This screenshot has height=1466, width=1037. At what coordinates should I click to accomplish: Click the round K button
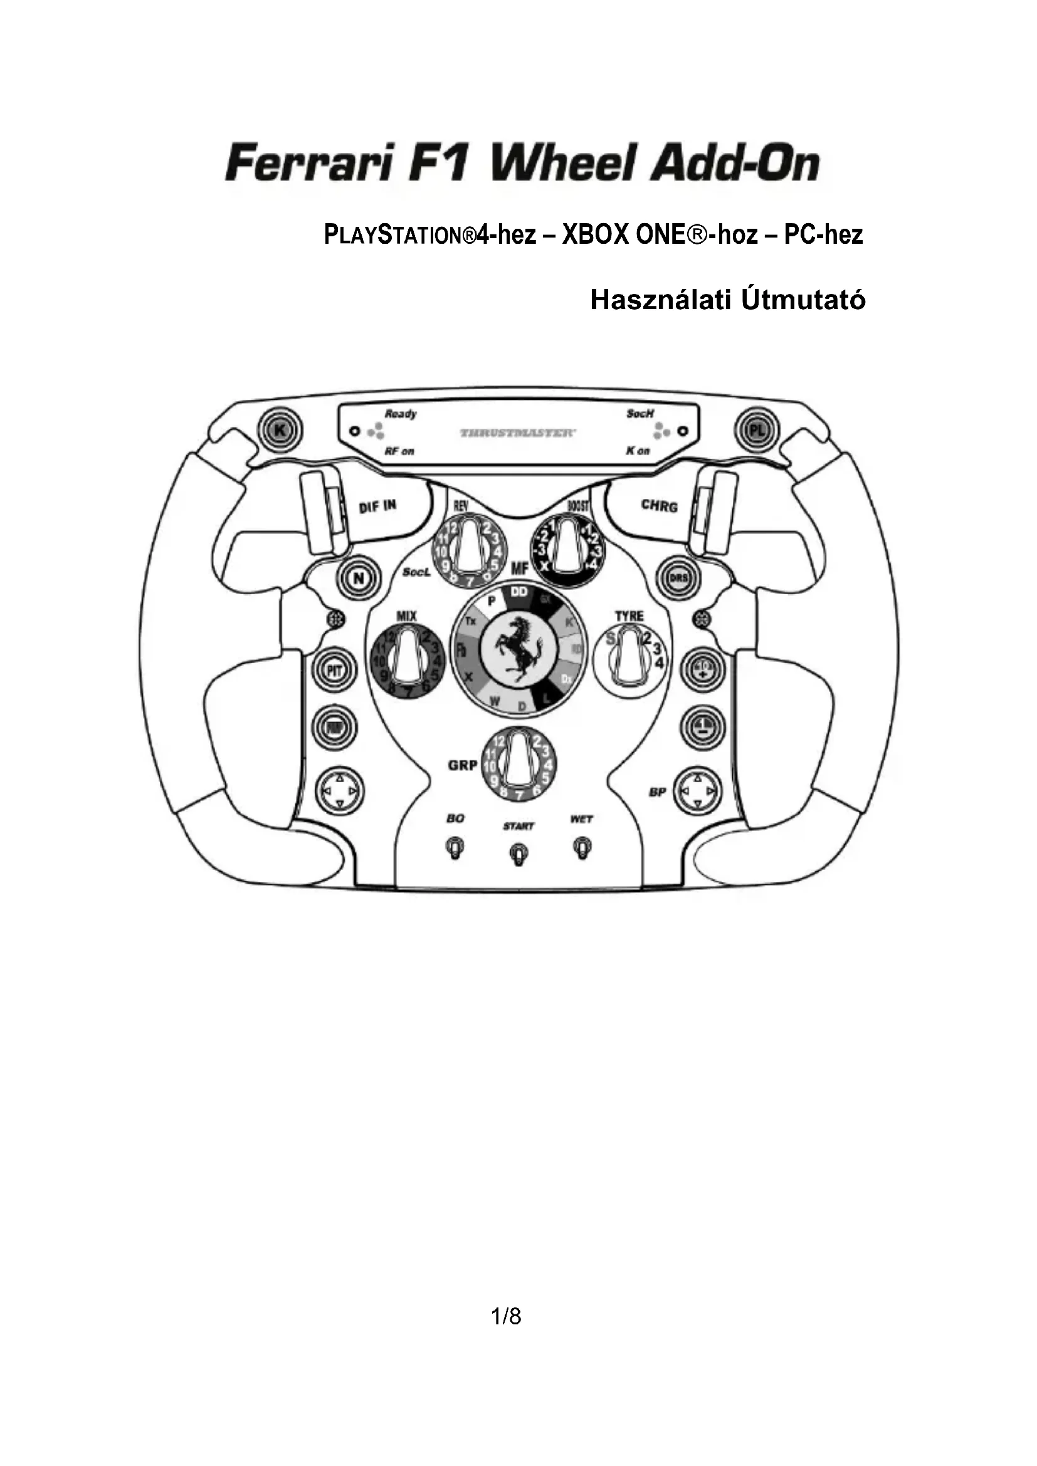[x=280, y=431]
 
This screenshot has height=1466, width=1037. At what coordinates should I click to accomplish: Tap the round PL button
[x=757, y=431]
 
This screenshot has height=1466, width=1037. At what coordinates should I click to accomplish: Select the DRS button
[x=678, y=579]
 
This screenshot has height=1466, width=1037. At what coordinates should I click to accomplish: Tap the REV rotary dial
[x=469, y=552]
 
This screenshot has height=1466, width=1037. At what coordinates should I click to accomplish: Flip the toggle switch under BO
[x=455, y=849]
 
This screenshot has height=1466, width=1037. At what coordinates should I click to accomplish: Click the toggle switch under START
[x=518, y=854]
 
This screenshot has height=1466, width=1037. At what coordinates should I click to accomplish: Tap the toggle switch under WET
[x=582, y=849]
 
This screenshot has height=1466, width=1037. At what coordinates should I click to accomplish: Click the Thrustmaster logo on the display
[x=518, y=433]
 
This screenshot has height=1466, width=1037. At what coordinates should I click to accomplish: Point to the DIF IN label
[x=377, y=506]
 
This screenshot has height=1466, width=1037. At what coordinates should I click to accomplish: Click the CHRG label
[x=659, y=506]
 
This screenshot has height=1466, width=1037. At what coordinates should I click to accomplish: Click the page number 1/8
[x=507, y=1317]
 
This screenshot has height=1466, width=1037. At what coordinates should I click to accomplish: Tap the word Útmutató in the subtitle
[x=803, y=300]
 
